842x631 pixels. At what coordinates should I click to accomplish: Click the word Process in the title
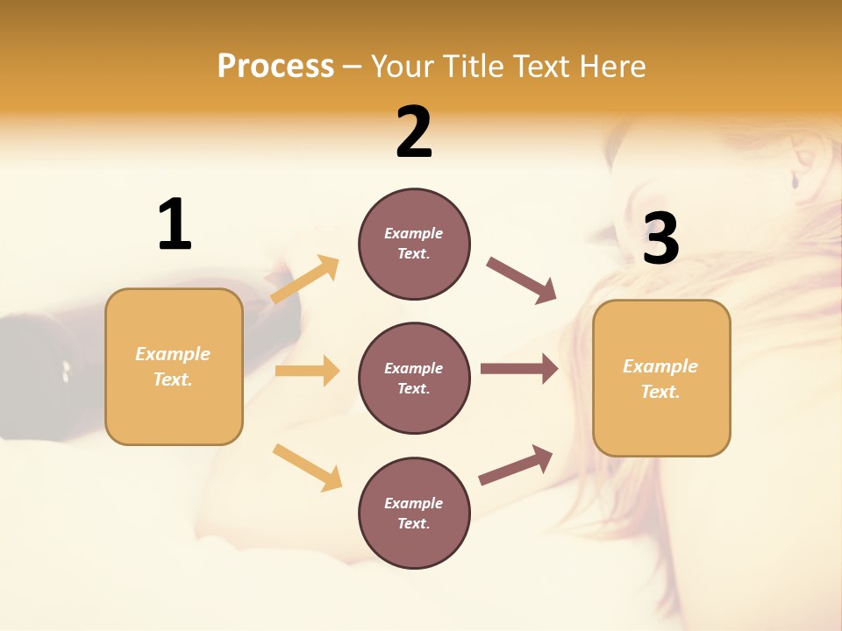275,66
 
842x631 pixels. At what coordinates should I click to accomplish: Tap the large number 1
174,225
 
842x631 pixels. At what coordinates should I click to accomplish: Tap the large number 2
414,132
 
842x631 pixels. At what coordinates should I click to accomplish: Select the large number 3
660,238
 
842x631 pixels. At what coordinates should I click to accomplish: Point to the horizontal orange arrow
307,371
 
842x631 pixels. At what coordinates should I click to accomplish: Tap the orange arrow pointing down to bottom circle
307,467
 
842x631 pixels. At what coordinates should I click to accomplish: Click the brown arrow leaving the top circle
522,280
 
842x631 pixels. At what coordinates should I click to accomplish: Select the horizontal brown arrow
519,369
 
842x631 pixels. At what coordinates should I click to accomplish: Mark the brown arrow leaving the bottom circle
516,465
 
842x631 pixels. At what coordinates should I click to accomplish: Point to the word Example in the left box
173,354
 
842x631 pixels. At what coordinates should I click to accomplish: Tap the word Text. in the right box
660,392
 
